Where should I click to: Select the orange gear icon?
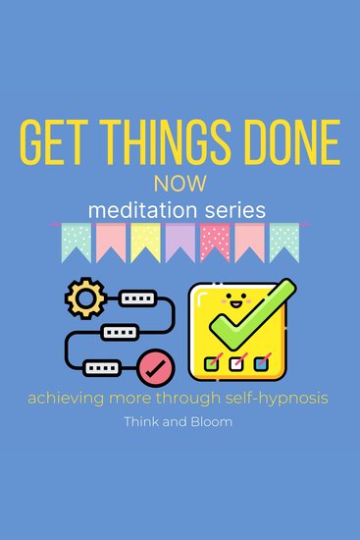tap(83, 297)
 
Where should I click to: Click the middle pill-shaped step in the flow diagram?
tap(123, 333)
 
